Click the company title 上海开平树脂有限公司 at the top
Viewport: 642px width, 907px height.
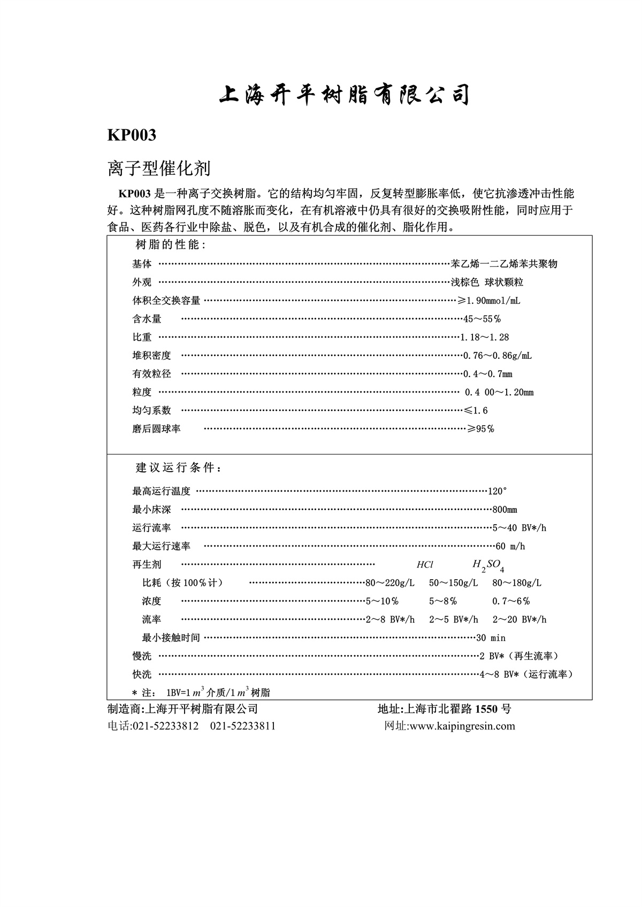point(344,95)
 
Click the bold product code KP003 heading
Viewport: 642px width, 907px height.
point(132,135)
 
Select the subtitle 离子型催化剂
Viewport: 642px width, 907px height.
point(159,168)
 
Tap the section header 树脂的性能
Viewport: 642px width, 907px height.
point(170,245)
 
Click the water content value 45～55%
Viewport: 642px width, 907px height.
point(481,319)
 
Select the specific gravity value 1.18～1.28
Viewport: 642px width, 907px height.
point(485,337)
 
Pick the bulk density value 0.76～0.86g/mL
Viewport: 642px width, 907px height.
point(497,356)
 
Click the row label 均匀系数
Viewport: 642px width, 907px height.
point(151,410)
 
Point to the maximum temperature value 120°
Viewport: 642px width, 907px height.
point(497,491)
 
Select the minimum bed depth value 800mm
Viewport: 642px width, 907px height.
point(505,510)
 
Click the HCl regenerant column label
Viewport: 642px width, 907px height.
point(425,565)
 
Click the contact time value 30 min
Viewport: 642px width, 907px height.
point(491,638)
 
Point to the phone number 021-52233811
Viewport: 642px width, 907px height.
point(243,726)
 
